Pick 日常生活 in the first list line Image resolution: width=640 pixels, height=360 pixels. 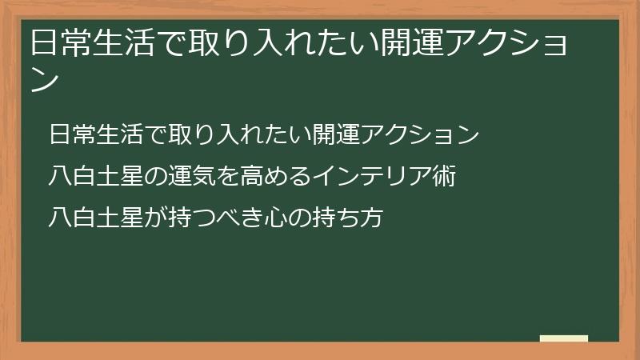(87, 135)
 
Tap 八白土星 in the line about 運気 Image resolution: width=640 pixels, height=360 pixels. (87, 177)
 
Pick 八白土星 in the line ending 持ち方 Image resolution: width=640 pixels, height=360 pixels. (87, 217)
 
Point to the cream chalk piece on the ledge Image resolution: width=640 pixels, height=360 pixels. (563, 338)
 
